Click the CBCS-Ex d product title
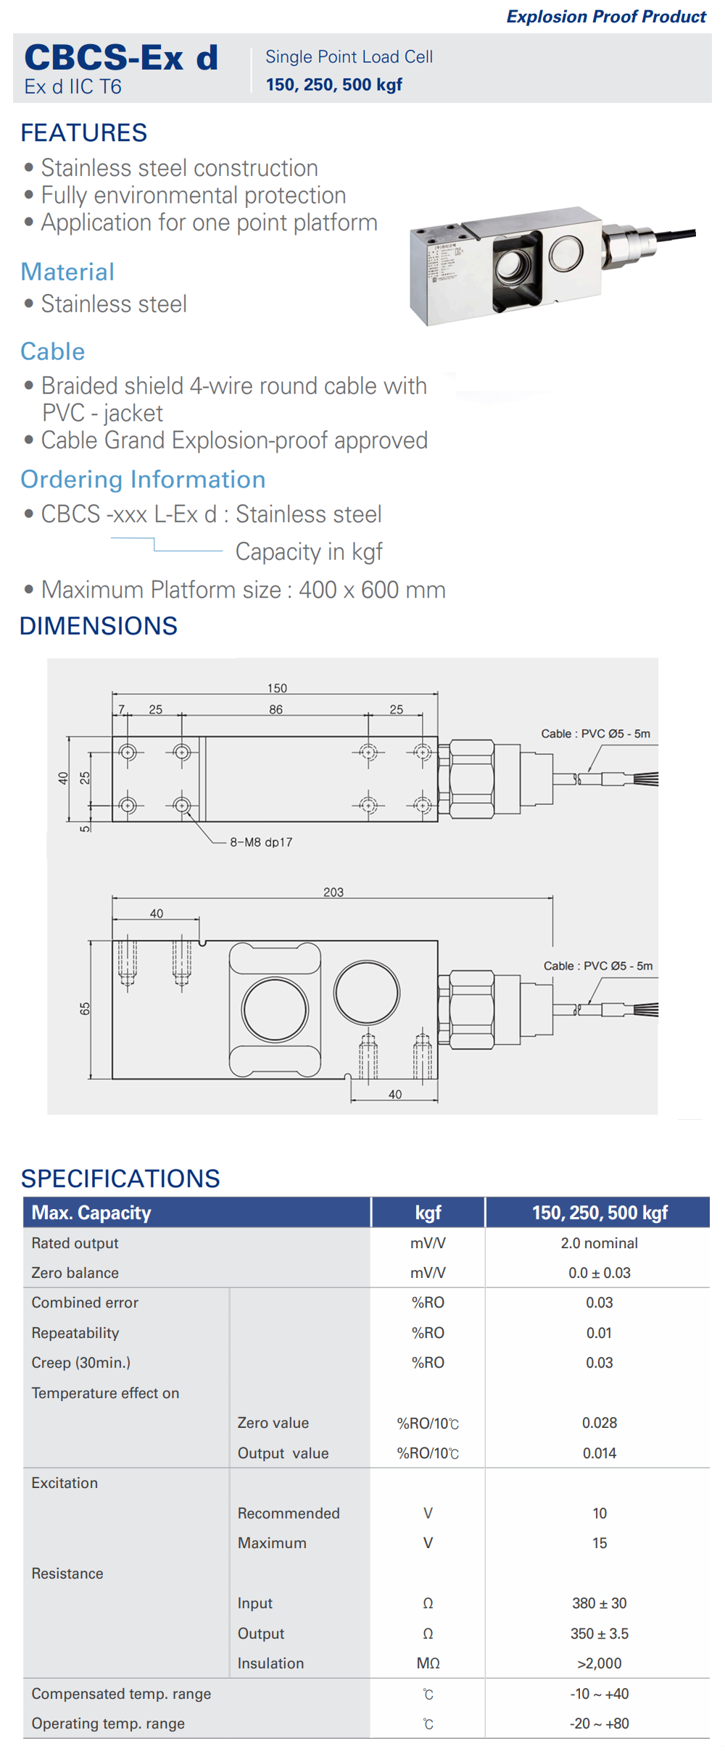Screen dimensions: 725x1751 121,57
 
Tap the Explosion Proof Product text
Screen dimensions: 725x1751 606,17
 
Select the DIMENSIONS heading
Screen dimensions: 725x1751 99,626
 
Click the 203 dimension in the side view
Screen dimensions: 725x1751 333,892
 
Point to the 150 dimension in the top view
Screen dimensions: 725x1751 277,688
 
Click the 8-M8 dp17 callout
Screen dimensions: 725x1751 261,842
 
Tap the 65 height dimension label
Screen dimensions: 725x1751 85,1008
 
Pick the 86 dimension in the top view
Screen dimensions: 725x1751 275,709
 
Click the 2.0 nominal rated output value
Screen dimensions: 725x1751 599,1243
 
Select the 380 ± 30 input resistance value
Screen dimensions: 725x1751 599,1603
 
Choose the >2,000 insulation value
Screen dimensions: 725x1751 599,1663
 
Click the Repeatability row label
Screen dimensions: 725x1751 75,1333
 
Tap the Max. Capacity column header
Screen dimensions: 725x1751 91,1213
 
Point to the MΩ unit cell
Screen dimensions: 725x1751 428,1663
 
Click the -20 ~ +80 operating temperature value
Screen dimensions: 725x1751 599,1723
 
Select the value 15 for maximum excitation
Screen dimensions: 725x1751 599,1543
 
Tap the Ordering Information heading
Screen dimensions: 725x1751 143,480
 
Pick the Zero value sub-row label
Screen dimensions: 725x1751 273,1423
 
